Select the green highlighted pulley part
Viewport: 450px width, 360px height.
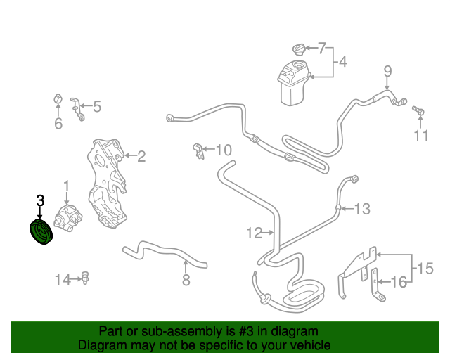(41, 233)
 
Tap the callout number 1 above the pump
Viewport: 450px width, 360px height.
(67, 186)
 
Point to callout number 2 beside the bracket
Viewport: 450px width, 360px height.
(141, 156)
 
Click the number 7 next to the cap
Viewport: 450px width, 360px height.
(322, 49)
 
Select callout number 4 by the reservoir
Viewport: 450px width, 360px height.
(342, 63)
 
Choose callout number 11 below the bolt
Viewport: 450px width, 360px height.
(420, 136)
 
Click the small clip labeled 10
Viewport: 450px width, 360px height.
(198, 149)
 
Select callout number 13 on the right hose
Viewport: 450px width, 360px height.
(361, 208)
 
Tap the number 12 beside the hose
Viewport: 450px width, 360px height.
(254, 232)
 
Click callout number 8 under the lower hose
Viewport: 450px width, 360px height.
(186, 281)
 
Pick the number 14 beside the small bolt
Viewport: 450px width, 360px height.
(63, 281)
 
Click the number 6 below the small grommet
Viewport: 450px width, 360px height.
(58, 124)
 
